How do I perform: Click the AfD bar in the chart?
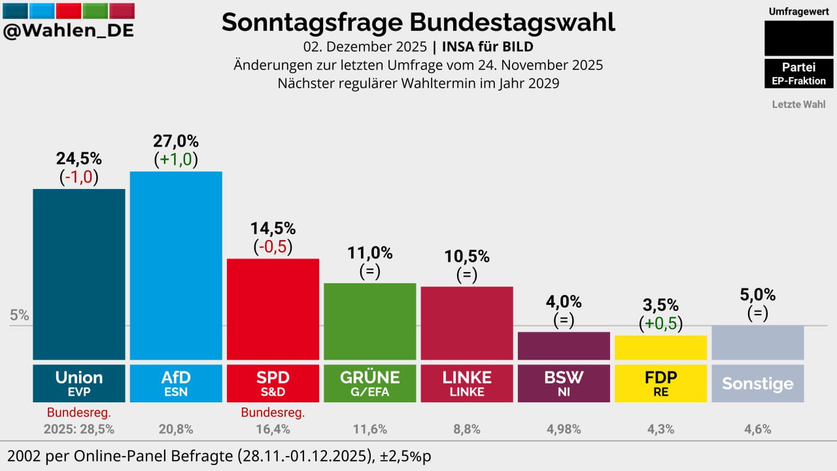click(176, 265)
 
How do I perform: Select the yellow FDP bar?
click(660, 347)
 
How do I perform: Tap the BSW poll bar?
click(564, 345)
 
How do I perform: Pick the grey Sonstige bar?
click(757, 342)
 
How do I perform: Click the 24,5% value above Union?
click(78, 159)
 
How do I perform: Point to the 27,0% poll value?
click(176, 141)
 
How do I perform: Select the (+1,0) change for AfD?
click(176, 159)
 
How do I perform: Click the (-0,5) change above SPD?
click(273, 247)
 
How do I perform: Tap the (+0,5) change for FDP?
click(660, 323)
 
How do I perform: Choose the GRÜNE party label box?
click(369, 383)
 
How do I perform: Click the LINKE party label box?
click(466, 383)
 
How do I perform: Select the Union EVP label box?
click(78, 383)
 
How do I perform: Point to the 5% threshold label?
click(20, 315)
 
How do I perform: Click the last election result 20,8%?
click(176, 430)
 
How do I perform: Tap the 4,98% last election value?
click(564, 430)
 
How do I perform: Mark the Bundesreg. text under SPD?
click(273, 413)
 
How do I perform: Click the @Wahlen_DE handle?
click(68, 30)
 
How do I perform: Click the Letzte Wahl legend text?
click(798, 104)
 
